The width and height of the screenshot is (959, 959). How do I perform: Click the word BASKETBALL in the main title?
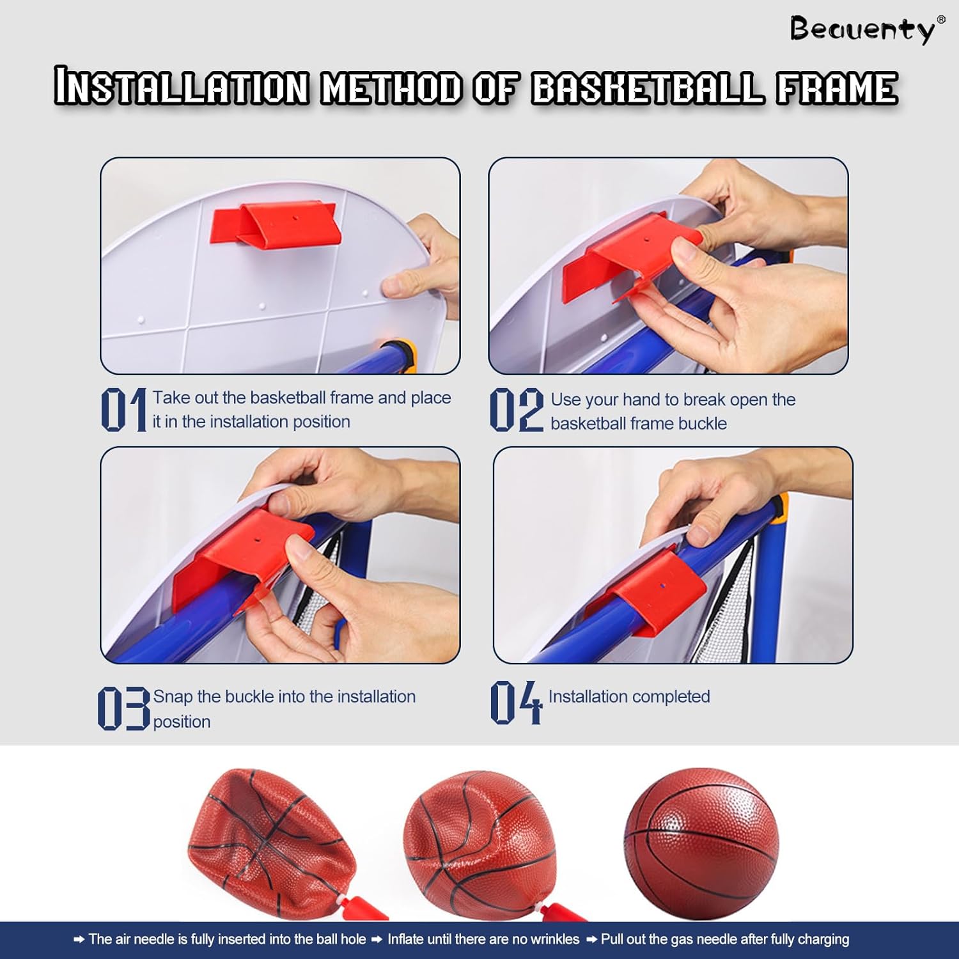[x=648, y=88]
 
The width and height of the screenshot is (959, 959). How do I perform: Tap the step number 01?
[x=124, y=409]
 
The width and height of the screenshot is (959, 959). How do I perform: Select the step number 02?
[x=517, y=409]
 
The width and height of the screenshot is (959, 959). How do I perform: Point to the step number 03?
[x=123, y=708]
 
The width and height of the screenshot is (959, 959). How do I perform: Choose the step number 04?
[x=516, y=702]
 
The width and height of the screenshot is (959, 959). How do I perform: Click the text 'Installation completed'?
[x=629, y=696]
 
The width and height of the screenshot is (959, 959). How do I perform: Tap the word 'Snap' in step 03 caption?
[x=173, y=697]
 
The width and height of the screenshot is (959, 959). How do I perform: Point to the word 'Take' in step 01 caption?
[x=171, y=398]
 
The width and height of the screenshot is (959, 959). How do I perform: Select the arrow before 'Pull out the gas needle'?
[x=591, y=940]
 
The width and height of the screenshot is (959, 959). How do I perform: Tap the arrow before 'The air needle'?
[x=79, y=940]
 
